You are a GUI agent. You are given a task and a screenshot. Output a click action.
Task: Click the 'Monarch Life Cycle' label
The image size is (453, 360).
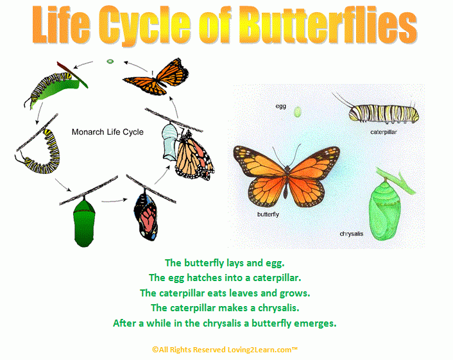pyautogui.click(x=107, y=132)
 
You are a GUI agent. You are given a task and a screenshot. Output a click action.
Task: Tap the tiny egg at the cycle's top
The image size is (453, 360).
pyautogui.click(x=110, y=62)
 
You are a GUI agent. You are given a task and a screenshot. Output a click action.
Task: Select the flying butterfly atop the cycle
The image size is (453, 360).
pyautogui.click(x=154, y=76)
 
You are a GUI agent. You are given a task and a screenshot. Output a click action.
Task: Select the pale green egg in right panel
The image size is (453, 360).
pyautogui.click(x=297, y=112)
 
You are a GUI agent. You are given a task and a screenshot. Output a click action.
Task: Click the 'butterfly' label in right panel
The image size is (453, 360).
pyautogui.click(x=268, y=214)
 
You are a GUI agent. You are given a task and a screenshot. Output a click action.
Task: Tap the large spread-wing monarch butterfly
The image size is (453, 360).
pyautogui.click(x=286, y=174)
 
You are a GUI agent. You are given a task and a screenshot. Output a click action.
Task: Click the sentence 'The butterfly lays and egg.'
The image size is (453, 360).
pyautogui.click(x=224, y=262)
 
